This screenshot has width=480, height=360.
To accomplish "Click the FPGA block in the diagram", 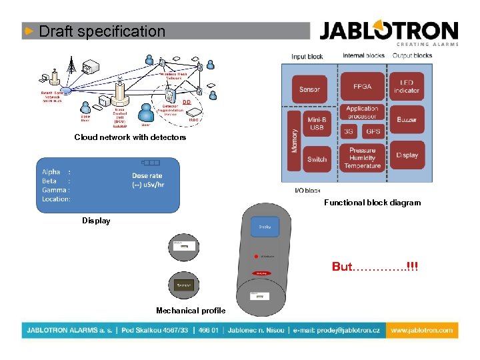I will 362,86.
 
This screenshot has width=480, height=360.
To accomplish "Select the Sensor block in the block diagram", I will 309,89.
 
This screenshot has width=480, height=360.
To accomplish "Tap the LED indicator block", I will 407,86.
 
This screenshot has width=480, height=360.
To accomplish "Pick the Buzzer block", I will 407,120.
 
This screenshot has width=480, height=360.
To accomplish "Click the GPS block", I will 373,132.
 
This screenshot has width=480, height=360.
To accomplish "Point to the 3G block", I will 349,132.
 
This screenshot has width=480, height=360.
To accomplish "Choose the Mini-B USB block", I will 317,123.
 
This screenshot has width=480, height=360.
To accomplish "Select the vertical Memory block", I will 294,141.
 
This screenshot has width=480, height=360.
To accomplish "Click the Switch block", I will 317,159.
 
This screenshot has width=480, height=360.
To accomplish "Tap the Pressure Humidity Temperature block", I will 362,158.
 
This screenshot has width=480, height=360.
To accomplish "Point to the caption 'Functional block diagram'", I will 372,203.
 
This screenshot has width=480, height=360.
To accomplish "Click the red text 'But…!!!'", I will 375,267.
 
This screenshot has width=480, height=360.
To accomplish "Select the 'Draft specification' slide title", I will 102,31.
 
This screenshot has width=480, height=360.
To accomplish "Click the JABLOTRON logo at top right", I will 389,31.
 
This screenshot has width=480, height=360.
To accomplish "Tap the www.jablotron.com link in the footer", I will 421,330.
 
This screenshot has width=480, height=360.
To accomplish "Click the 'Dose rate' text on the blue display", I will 147,177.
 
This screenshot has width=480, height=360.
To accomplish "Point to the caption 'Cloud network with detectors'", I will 130,137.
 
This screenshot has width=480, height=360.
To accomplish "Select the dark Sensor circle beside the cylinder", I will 184,285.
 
